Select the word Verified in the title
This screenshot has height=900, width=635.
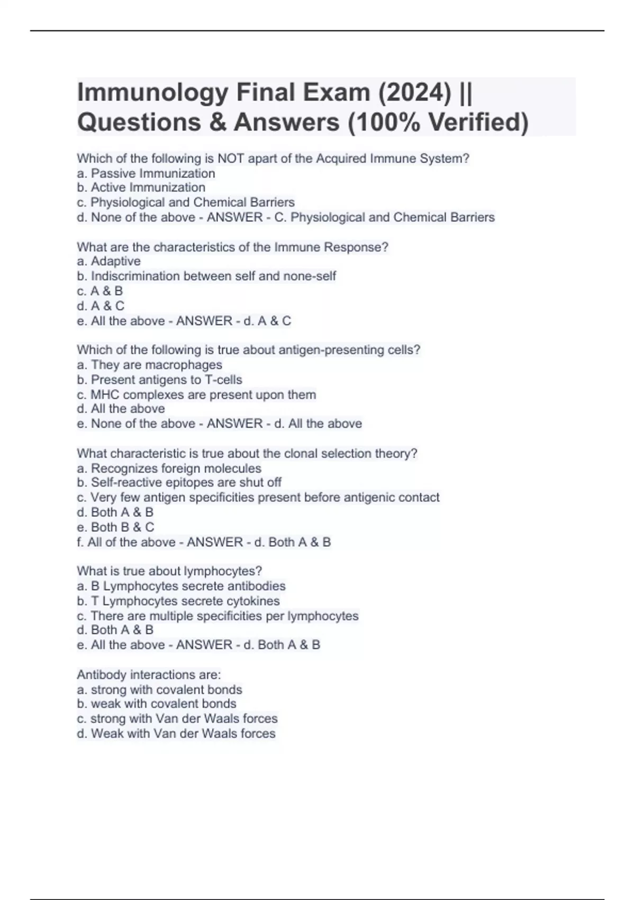click(x=478, y=122)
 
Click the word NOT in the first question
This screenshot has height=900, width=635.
click(x=230, y=158)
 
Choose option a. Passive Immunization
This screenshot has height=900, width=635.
click(x=146, y=173)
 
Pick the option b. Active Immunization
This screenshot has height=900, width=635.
click(x=141, y=187)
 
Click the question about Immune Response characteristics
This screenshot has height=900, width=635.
click(x=232, y=247)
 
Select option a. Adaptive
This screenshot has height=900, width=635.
click(x=109, y=261)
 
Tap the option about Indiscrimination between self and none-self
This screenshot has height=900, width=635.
click(x=206, y=276)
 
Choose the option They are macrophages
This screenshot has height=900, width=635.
click(x=150, y=365)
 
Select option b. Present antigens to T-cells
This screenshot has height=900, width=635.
click(x=159, y=380)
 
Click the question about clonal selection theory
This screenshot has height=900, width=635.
click(x=247, y=453)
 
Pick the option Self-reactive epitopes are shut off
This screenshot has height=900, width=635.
click(x=179, y=482)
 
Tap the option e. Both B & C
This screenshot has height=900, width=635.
click(x=115, y=527)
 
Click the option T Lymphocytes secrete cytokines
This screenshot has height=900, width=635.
click(x=178, y=601)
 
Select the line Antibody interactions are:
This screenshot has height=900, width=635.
click(x=149, y=674)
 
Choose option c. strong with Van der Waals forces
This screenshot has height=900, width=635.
click(x=177, y=718)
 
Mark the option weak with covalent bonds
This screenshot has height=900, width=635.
click(x=157, y=704)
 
